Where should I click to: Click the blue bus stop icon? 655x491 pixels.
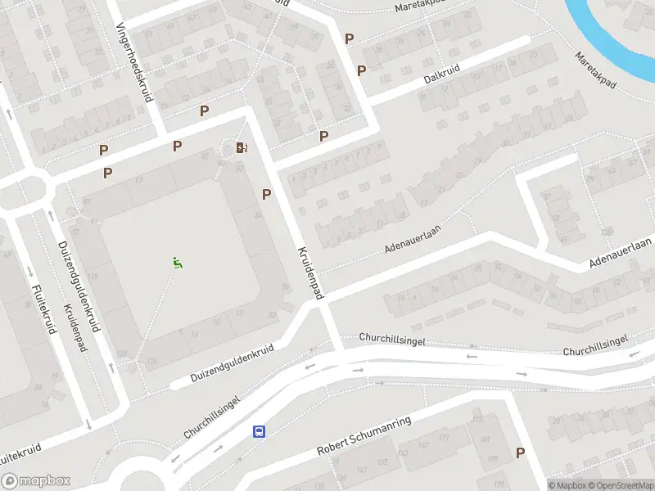[x=259, y=431]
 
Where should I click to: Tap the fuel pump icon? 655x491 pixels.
[x=241, y=147]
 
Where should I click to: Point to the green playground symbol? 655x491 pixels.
[x=177, y=263]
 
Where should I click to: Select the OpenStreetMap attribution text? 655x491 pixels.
[x=620, y=485]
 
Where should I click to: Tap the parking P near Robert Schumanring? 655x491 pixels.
[x=520, y=453]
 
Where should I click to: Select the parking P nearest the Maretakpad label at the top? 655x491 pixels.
[x=350, y=38]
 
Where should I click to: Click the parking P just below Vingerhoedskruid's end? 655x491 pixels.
[x=177, y=146]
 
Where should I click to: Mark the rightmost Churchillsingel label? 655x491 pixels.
[x=595, y=345]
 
